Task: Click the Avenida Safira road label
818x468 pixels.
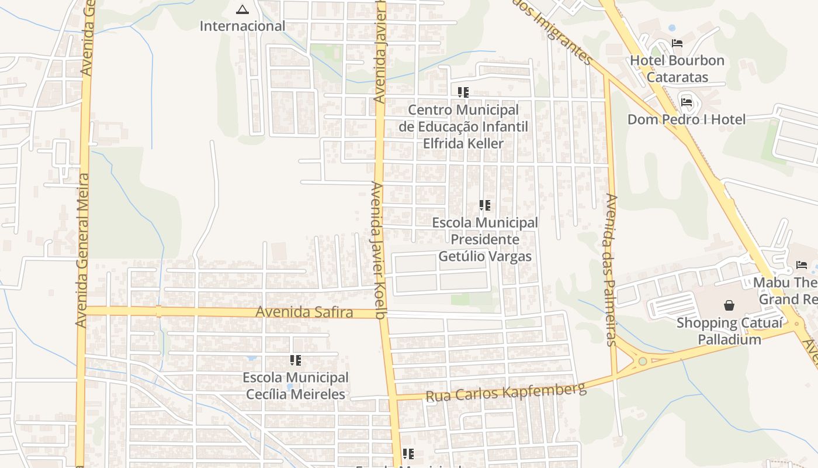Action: [x=304, y=312]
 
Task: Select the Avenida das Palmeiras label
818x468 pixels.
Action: [x=612, y=270]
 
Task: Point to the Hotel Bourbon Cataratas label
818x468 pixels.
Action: [x=677, y=69]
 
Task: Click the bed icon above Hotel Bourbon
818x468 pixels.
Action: [x=677, y=43]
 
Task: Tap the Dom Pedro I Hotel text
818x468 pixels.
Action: [x=687, y=120]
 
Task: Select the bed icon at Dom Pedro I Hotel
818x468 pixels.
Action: [x=687, y=102]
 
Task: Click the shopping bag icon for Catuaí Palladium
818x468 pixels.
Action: [x=729, y=305]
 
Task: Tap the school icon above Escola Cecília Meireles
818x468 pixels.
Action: [x=296, y=360]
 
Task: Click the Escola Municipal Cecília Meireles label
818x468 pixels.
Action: [x=296, y=386]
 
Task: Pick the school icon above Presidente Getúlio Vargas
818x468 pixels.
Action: [x=485, y=205]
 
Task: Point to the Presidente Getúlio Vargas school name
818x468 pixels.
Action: [x=485, y=240]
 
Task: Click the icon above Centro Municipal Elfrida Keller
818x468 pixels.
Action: [x=463, y=92]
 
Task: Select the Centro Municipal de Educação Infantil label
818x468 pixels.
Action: [x=463, y=127]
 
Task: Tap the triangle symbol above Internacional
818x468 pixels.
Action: [x=242, y=9]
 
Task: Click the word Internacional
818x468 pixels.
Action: [x=242, y=26]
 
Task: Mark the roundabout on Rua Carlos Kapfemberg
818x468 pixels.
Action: [x=643, y=361]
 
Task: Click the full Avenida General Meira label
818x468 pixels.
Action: [x=82, y=250]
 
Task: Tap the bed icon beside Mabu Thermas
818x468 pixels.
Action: [x=802, y=265]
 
